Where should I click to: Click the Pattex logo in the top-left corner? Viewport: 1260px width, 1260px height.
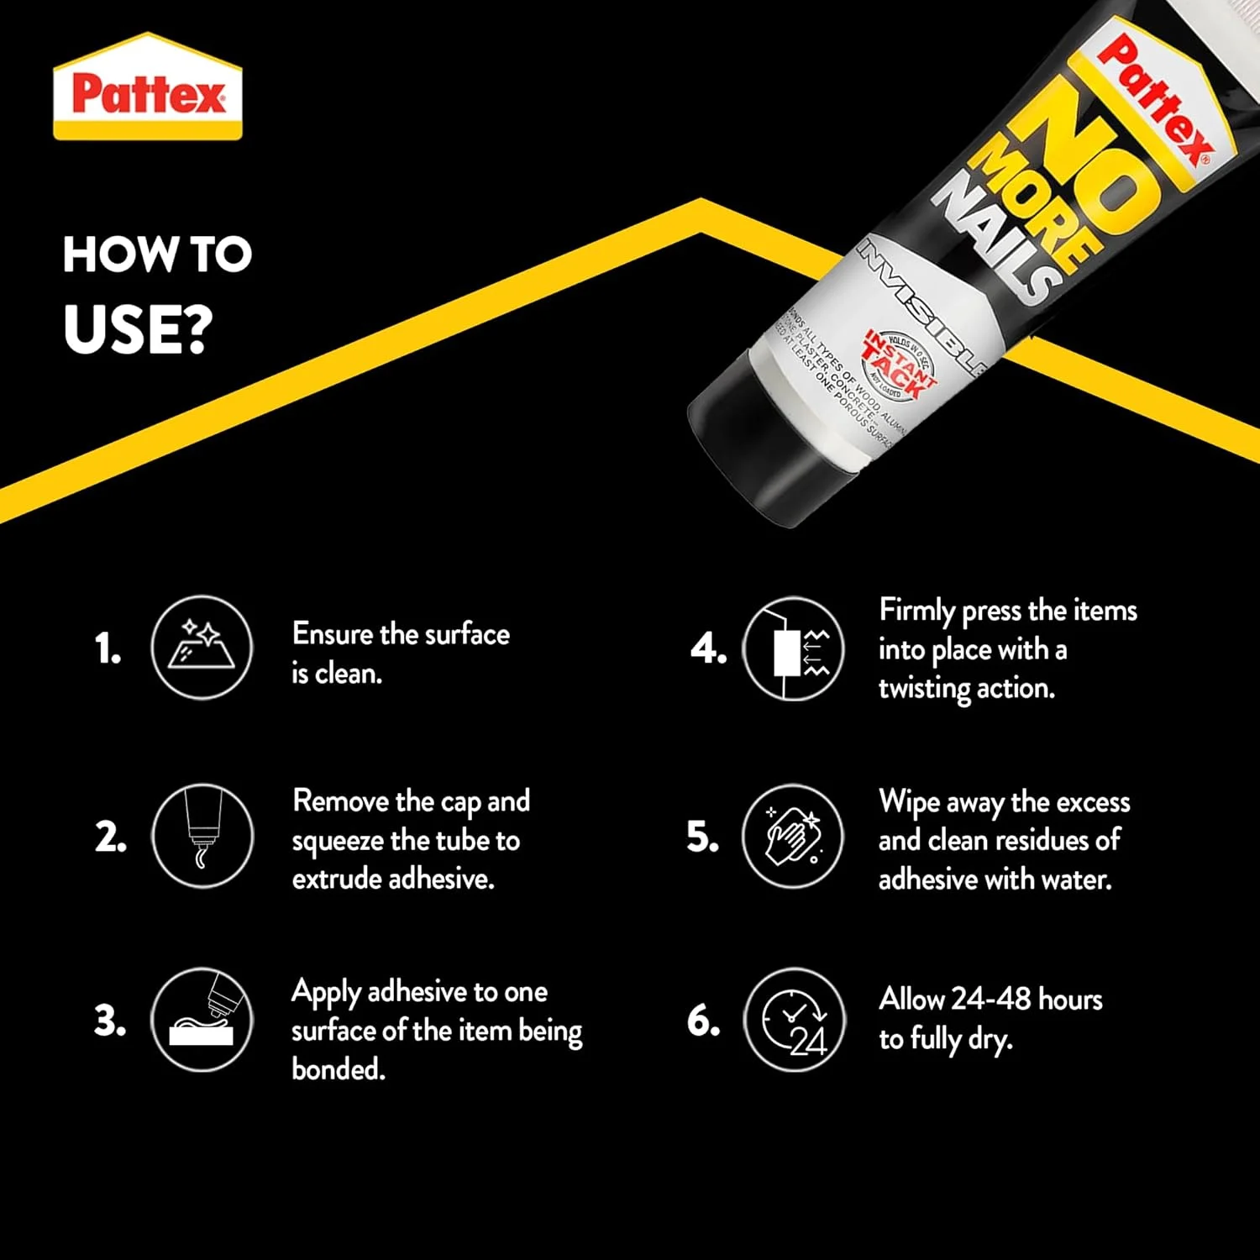point(148,87)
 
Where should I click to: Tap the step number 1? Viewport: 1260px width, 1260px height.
point(108,649)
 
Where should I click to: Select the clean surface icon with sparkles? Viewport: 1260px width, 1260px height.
point(202,647)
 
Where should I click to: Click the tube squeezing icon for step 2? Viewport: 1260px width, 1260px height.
point(202,836)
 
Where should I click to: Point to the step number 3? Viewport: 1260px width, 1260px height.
point(110,1021)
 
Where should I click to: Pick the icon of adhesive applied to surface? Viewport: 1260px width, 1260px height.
point(202,1019)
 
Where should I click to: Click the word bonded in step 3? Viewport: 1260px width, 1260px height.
point(338,1068)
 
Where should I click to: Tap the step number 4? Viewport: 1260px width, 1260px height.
point(708,649)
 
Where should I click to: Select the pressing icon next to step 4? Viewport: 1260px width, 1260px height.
point(794,649)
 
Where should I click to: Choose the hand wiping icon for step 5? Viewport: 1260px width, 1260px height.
point(793,836)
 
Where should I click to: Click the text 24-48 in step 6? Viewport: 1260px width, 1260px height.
point(991,999)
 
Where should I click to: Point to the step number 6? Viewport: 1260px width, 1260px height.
point(703,1021)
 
